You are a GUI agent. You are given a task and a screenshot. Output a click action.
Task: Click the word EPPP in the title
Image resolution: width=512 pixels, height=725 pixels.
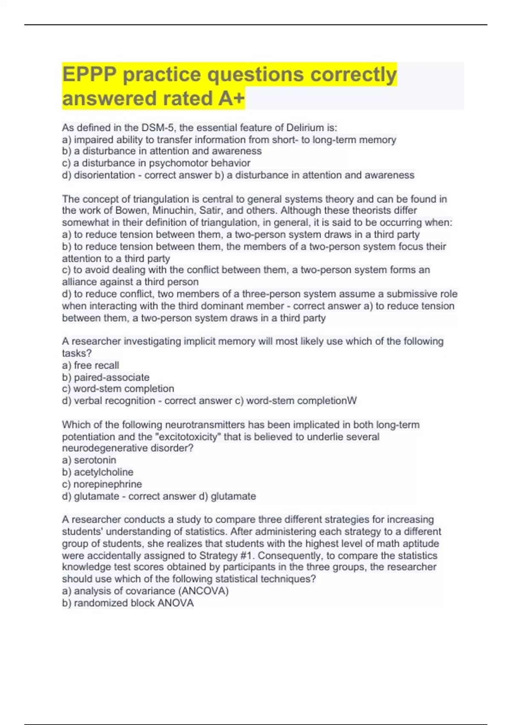click(x=89, y=75)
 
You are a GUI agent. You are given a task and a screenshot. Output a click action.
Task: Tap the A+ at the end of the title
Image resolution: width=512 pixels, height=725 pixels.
click(x=231, y=99)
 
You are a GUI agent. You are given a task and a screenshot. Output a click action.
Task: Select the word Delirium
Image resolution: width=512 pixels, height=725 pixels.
click(x=305, y=128)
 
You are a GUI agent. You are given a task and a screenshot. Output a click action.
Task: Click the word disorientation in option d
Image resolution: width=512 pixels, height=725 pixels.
click(x=105, y=175)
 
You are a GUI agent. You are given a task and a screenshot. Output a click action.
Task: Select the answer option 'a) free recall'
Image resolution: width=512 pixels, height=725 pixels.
click(x=90, y=365)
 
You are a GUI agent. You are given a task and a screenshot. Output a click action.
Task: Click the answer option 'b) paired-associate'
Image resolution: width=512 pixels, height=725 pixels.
click(x=106, y=377)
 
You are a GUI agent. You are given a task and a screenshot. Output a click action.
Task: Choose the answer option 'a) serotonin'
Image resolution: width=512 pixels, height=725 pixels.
click(x=89, y=460)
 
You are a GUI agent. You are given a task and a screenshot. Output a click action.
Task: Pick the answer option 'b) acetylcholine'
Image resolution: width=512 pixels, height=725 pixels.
click(x=98, y=472)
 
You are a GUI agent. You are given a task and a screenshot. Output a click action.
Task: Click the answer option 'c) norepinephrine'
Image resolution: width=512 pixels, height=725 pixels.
click(x=102, y=484)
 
